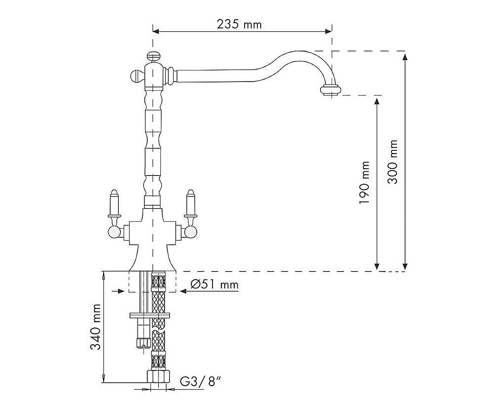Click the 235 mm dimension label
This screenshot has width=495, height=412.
(239, 24)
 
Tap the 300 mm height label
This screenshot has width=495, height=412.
(392, 162)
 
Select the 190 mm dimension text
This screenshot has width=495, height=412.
(364, 183)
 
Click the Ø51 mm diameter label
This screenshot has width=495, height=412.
(214, 284)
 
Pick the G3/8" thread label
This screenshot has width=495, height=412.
(200, 389)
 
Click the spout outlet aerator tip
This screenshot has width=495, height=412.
(330, 91)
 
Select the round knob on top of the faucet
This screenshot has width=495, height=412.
(153, 56)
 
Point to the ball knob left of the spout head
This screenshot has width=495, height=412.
(136, 77)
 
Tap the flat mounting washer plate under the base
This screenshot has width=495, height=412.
(150, 316)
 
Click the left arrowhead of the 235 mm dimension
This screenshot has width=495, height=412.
(156, 31)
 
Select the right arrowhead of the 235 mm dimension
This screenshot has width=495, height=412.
(328, 31)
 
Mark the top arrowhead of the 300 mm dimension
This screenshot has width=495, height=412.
(405, 58)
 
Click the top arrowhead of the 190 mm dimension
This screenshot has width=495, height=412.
(377, 101)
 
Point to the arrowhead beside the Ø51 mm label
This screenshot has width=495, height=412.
(183, 291)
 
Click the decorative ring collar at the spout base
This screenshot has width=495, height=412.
(171, 76)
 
